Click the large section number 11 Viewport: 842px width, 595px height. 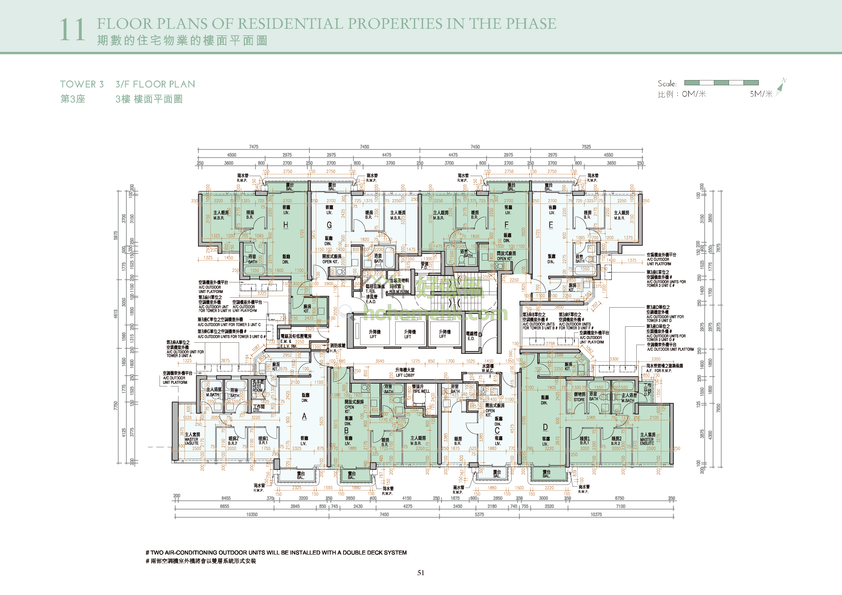tap(72, 30)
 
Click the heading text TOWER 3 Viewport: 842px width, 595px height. tap(82, 84)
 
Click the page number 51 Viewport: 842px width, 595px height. tap(421, 573)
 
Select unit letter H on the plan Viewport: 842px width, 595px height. tap(286, 225)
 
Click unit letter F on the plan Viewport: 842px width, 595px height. tap(507, 225)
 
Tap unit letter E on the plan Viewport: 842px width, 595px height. tap(551, 225)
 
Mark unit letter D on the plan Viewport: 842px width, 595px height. tap(545, 427)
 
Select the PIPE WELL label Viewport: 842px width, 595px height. tap(421, 391)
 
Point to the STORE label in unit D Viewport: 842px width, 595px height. tap(579, 400)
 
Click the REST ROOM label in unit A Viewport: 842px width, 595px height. tap(257, 388)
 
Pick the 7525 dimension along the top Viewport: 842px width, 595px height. tap(586, 147)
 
